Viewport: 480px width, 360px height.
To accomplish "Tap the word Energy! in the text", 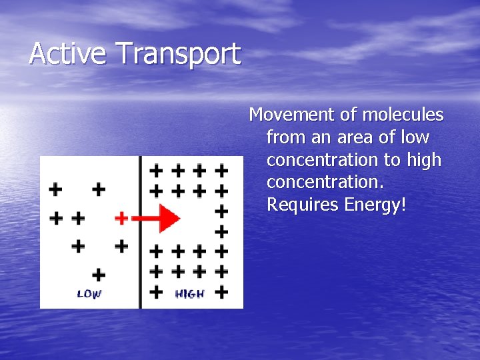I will pos(375,205).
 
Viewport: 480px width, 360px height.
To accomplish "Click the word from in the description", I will pos(283,138).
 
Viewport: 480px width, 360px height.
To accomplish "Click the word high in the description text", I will pos(424,160).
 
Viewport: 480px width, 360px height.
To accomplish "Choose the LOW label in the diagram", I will pos(89,294).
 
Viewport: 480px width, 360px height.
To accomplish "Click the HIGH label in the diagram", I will pos(189,294).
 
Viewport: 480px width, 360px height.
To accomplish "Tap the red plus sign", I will pos(121,218).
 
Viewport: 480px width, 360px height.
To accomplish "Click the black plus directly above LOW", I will pos(99,274).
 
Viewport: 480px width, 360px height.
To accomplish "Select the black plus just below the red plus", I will pos(121,246).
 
